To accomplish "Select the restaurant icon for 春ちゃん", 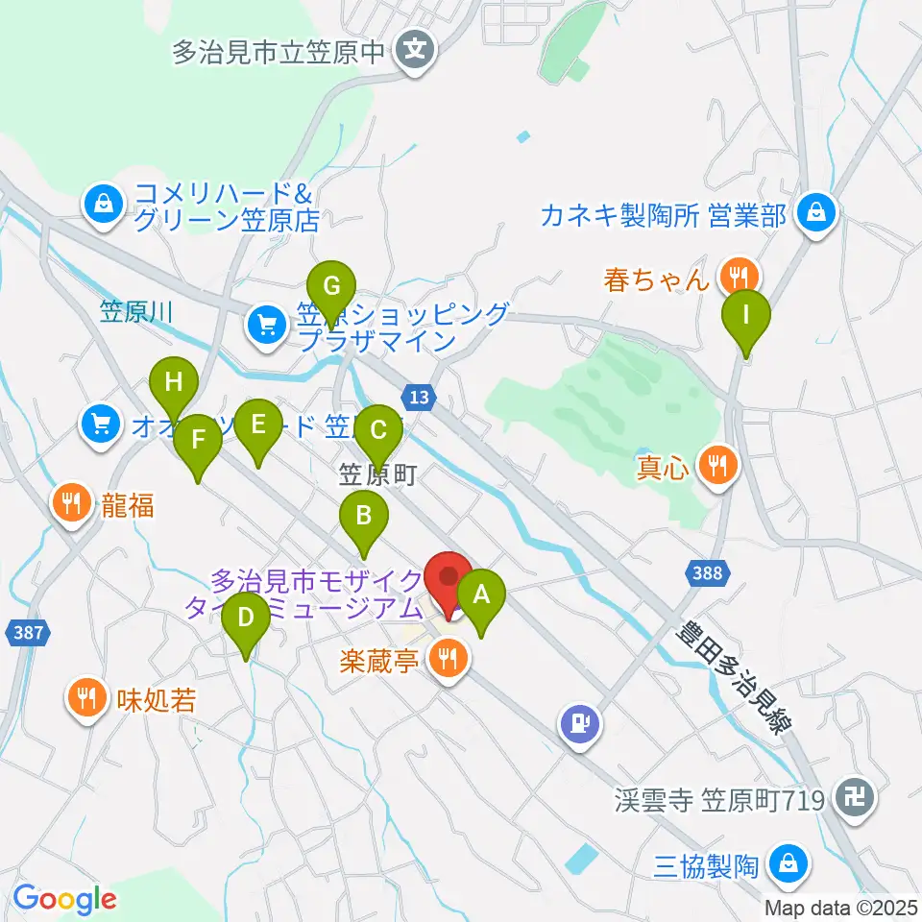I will point(738,277).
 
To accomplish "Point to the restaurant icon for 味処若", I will point(87,698).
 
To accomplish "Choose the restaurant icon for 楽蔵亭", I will point(447,659).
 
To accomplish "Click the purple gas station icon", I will point(580,721).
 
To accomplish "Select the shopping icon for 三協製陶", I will point(789,863).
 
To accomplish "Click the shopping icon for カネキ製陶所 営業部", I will point(815,212).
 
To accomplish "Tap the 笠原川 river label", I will point(135,310).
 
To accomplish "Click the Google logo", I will point(64,899).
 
